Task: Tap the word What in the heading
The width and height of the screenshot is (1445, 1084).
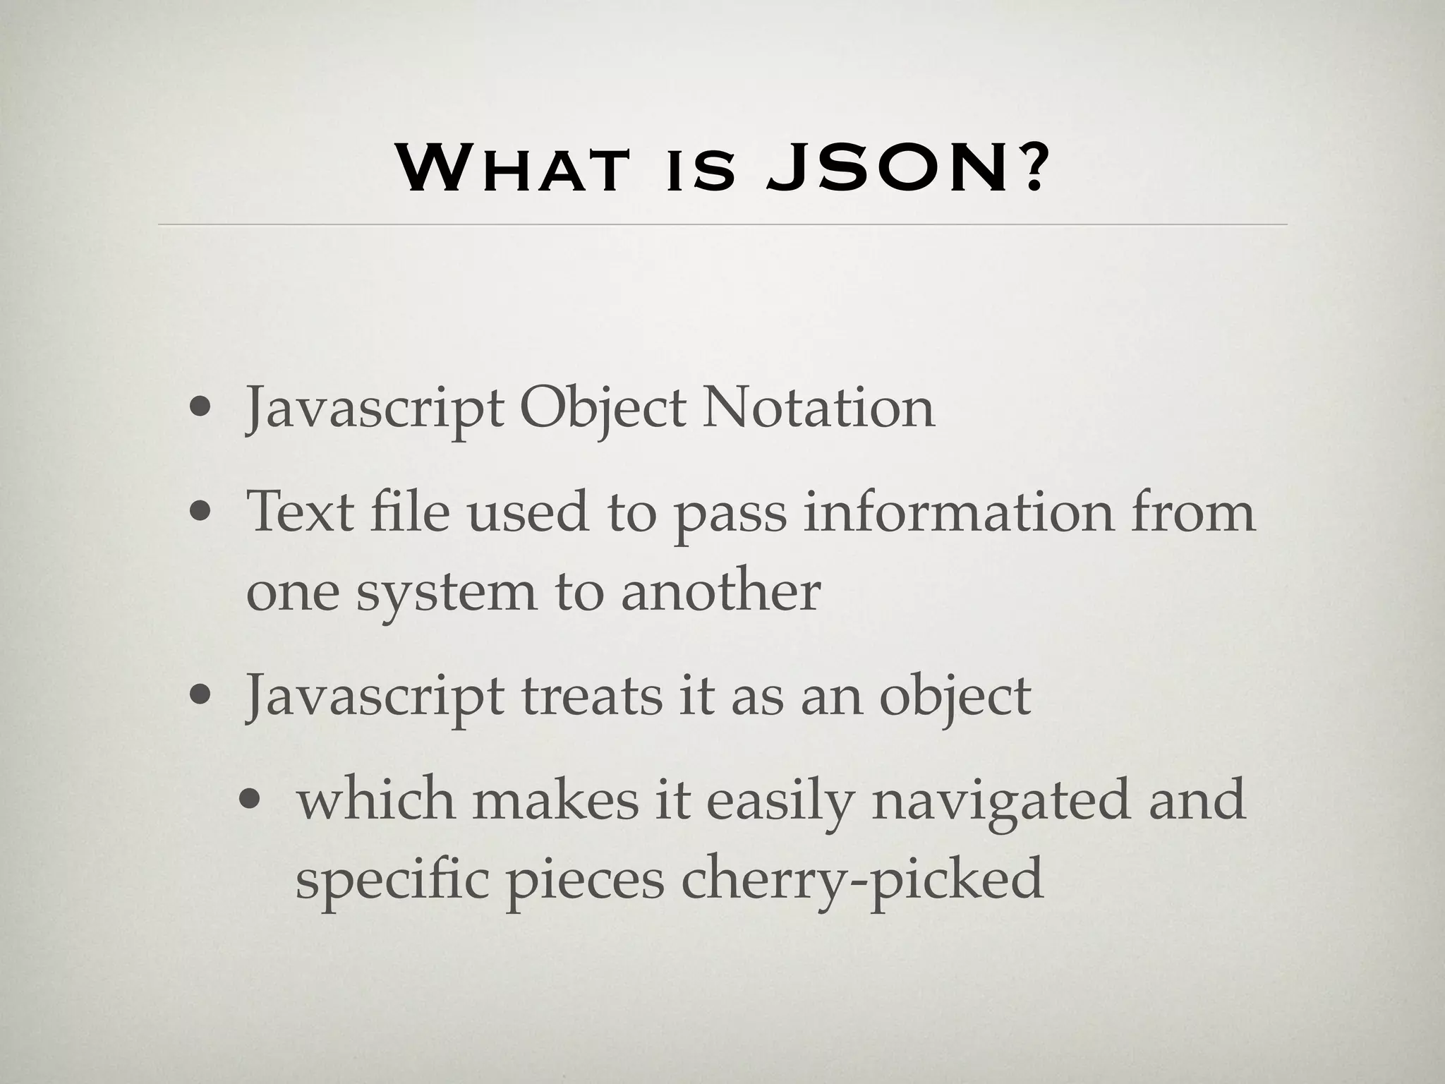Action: [x=511, y=169]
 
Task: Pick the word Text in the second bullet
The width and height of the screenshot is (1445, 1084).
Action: [x=299, y=511]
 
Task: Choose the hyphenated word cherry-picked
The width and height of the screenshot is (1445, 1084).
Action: [x=861, y=881]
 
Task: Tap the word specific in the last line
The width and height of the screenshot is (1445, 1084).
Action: [x=392, y=881]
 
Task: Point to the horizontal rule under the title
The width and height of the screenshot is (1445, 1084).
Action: [x=722, y=224]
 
